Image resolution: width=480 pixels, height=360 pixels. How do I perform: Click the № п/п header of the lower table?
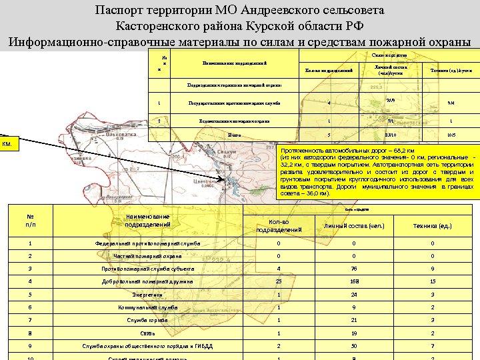click(30, 221)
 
